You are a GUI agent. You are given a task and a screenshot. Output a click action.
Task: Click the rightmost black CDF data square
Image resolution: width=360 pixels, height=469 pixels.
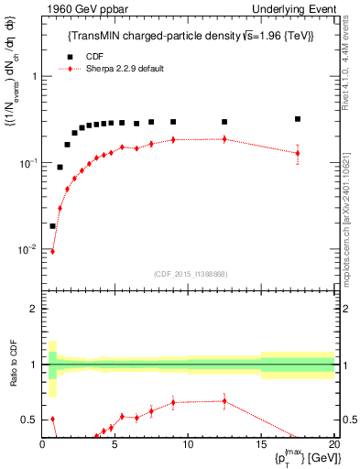[298, 119]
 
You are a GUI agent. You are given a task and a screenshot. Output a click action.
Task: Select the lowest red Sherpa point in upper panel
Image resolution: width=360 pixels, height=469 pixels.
[52, 251]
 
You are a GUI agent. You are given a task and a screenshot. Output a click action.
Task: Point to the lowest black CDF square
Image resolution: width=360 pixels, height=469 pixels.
[52, 225]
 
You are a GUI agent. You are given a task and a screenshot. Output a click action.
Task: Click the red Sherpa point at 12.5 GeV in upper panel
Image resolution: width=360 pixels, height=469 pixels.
[224, 139]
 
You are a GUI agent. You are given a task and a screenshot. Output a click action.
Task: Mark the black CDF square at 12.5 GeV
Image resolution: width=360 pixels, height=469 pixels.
[224, 122]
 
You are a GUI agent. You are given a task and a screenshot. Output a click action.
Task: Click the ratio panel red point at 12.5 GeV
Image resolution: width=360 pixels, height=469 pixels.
[224, 400]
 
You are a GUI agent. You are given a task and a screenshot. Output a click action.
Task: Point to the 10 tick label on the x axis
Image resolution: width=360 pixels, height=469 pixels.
[188, 446]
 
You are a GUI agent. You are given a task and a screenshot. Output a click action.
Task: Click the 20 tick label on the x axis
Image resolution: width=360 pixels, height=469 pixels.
[333, 446]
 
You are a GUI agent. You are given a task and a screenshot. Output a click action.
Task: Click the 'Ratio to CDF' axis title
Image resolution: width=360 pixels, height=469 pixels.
[13, 385]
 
